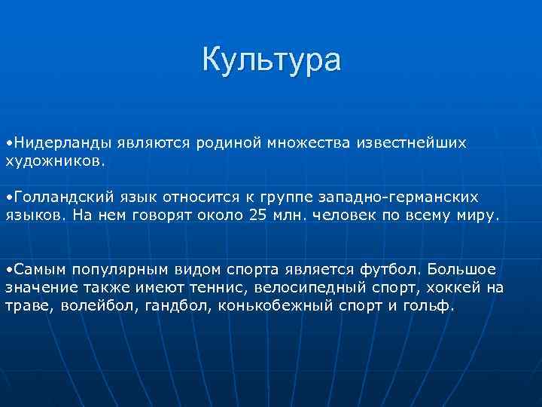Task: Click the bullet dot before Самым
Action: coord(8,269)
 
